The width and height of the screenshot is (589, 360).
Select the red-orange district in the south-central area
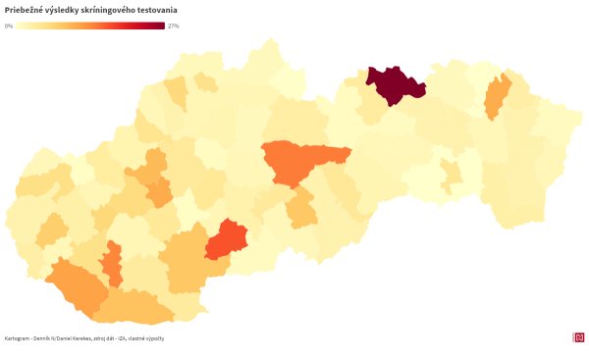227,239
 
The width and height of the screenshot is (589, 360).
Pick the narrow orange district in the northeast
498,95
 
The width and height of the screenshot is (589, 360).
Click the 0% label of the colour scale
9,26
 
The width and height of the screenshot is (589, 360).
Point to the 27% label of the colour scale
174,26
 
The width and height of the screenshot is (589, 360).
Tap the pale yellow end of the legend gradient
19,26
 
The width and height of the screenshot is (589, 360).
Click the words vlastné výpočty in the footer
147,338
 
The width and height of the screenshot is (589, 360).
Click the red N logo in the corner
578,337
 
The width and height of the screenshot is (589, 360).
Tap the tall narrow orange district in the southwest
113,262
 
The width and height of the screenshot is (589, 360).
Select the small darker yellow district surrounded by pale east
451,175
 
